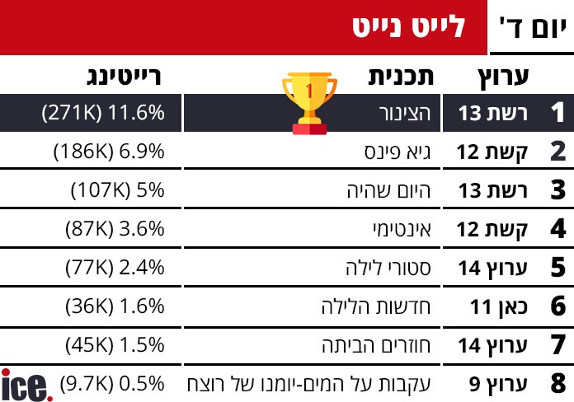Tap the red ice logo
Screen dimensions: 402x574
click(26, 385)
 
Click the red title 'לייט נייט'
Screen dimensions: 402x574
click(408, 28)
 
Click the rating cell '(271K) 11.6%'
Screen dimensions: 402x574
click(103, 114)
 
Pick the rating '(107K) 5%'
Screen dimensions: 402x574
click(117, 190)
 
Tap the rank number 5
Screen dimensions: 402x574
click(558, 267)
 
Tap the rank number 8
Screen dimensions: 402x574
click(558, 383)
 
